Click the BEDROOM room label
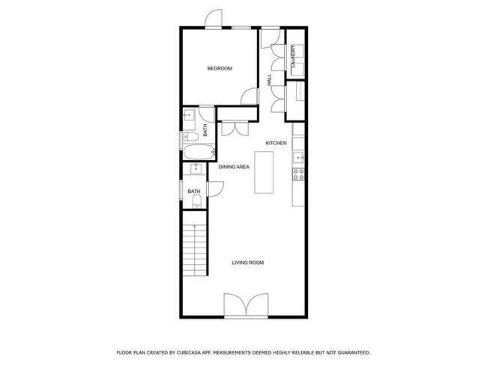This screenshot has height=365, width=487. coord(220,69)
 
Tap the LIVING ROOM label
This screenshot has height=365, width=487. coord(247,263)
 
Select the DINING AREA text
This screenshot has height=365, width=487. coord(234,167)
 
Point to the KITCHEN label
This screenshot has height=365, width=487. coord(276,143)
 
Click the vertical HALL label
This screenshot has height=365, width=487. coord(270,79)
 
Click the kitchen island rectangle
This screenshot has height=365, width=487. coord(264,173)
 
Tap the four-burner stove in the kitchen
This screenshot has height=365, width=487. coord(297,174)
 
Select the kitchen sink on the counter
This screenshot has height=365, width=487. coord(297,157)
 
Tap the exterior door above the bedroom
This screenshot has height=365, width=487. coord(214,19)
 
